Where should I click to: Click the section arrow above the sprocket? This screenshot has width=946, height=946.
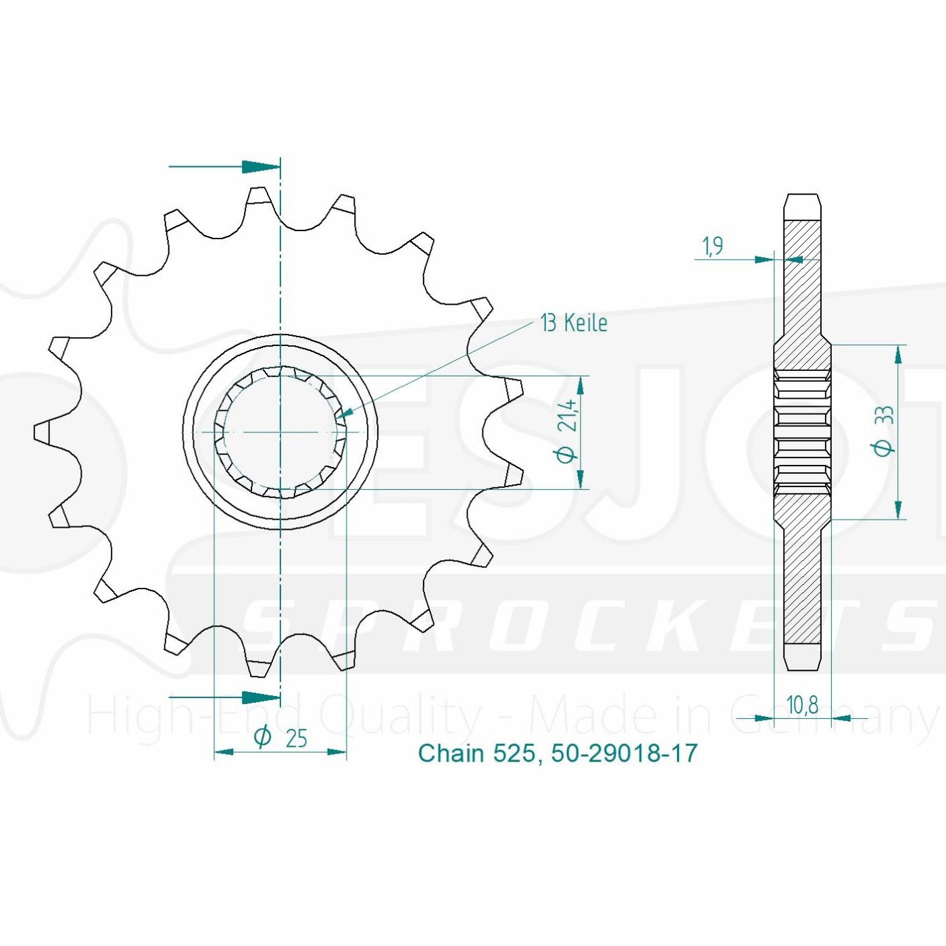pyautogui.click(x=224, y=167)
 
